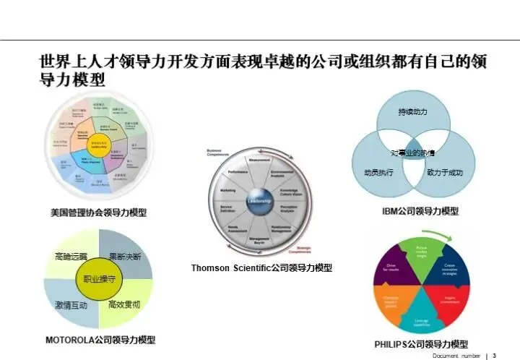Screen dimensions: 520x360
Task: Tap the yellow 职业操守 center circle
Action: (100, 278)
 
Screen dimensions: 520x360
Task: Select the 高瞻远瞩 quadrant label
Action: (71, 257)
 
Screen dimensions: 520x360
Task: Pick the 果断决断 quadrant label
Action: (124, 257)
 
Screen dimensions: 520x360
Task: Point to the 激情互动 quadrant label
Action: (71, 305)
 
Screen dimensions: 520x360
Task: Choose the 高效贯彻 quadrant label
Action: (124, 305)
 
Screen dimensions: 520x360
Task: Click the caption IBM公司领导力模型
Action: (420, 211)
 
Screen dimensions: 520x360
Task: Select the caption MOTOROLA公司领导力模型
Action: (100, 339)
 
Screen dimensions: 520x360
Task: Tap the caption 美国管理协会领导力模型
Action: (98, 213)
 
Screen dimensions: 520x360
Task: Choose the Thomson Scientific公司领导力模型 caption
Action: (261, 267)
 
